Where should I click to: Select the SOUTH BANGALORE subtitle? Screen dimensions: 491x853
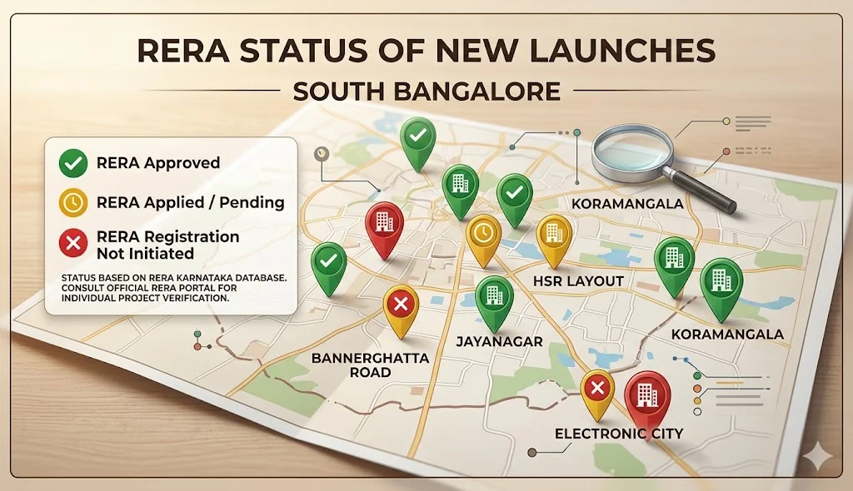coord(426,90)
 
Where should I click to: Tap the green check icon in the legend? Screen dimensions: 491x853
coord(73,163)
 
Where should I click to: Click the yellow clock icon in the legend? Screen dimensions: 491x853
coord(73,202)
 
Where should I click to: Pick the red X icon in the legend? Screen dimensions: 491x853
coord(73,243)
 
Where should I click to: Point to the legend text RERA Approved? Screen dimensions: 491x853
coord(158,163)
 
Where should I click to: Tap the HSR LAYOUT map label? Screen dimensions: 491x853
coord(578,280)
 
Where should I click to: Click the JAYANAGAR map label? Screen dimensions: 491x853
coord(499,341)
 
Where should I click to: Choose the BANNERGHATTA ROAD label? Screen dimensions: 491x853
coord(370,365)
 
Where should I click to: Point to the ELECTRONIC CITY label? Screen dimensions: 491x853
coord(619,434)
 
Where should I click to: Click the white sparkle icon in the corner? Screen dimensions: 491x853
coord(816,457)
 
